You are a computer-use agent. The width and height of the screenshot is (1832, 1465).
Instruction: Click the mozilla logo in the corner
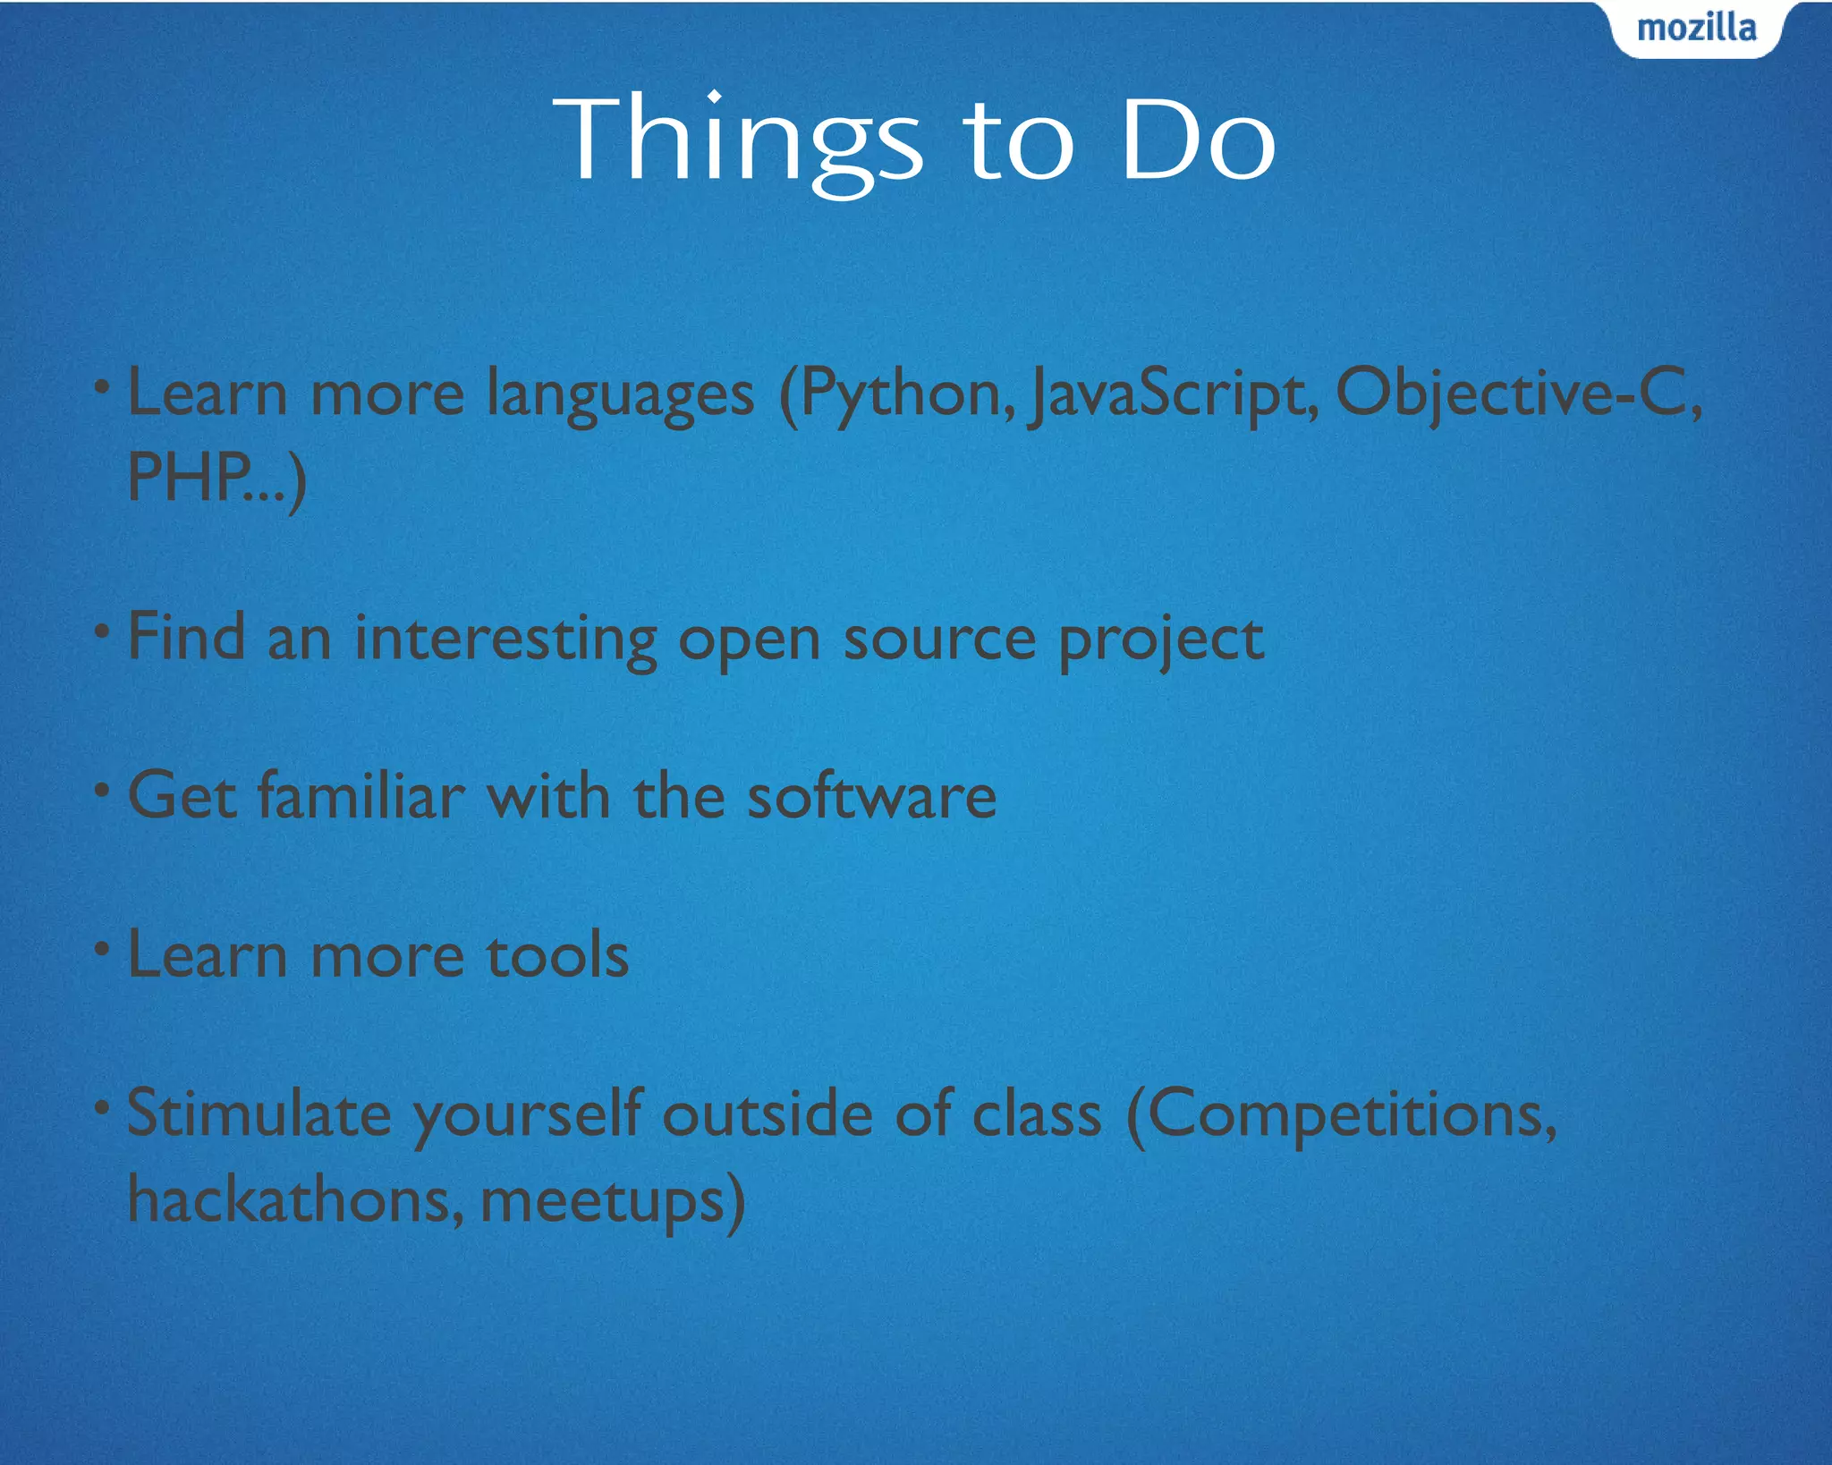point(1696,29)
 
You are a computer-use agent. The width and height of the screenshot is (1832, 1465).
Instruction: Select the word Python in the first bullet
point(899,395)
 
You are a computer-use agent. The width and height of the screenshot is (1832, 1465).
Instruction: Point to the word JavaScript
point(1172,395)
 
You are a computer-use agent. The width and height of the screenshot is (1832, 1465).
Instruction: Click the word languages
point(620,395)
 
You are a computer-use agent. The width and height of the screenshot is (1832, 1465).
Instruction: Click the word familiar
point(361,796)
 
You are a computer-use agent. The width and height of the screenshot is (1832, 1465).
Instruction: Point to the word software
point(871,796)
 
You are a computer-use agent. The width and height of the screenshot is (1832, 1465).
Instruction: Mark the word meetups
point(603,1201)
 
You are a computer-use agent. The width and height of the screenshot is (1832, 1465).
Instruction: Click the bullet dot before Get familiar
point(103,790)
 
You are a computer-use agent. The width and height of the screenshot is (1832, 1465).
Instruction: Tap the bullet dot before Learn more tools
point(103,948)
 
